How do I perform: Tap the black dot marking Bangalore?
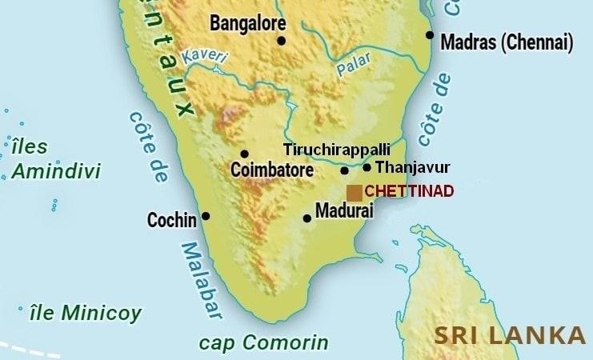(x=281, y=41)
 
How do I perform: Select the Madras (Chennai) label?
(x=507, y=42)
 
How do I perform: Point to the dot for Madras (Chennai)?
(x=430, y=35)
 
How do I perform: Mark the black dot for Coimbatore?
(x=244, y=154)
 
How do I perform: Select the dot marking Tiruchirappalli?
(x=345, y=170)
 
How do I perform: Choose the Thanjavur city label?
(x=412, y=167)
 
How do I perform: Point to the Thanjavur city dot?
(x=367, y=167)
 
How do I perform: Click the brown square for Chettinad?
(x=354, y=193)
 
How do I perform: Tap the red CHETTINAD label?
(x=409, y=192)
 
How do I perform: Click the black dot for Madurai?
(x=307, y=218)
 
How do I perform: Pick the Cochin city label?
(x=172, y=220)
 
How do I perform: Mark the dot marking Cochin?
(x=206, y=216)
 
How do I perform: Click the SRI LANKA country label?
(x=510, y=335)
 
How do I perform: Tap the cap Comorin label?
(x=263, y=343)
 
